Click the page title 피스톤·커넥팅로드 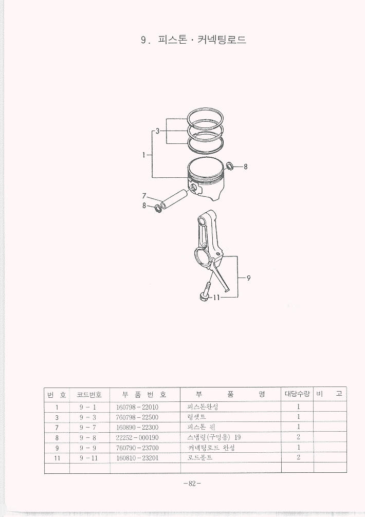[x=203, y=40]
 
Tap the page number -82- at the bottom [x=192, y=484]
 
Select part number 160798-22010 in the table [x=137, y=407]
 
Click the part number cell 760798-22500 [x=137, y=417]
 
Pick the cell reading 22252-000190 [x=137, y=437]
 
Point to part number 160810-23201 [x=137, y=458]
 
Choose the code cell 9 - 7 [x=88, y=427]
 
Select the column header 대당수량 [x=297, y=394]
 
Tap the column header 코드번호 [x=89, y=394]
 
